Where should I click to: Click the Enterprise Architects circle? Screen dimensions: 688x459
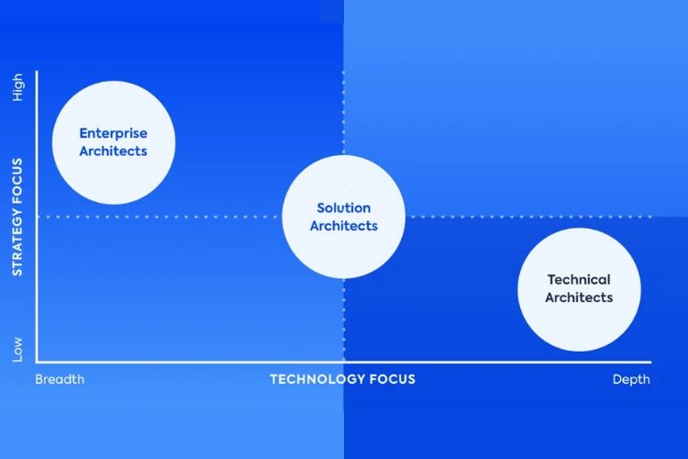[114, 142]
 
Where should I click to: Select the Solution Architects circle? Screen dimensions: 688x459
[344, 217]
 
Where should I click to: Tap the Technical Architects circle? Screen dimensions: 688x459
[579, 289]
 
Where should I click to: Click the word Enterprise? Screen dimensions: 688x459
[113, 133]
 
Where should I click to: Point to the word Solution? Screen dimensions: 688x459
[344, 207]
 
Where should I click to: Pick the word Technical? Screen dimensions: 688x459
[579, 279]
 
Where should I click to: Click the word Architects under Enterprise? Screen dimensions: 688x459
[113, 151]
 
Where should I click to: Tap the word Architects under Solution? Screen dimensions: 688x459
[344, 226]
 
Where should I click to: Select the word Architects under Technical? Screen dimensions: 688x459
[579, 297]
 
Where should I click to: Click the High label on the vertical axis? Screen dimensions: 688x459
[17, 87]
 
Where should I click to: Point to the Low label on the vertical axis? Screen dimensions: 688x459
[17, 350]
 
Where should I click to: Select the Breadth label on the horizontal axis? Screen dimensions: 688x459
[60, 379]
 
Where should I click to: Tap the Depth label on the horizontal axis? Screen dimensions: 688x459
[631, 379]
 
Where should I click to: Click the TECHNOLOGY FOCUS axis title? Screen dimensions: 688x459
[343, 379]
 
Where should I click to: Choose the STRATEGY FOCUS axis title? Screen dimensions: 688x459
[17, 217]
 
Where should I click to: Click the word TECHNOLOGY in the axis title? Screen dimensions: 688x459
[317, 379]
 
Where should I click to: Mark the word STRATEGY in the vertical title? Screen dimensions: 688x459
[17, 242]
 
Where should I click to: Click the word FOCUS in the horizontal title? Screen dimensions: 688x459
[393, 379]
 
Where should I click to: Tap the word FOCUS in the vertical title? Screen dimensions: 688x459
[17, 181]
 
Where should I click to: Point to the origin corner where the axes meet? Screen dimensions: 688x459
[37, 362]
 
